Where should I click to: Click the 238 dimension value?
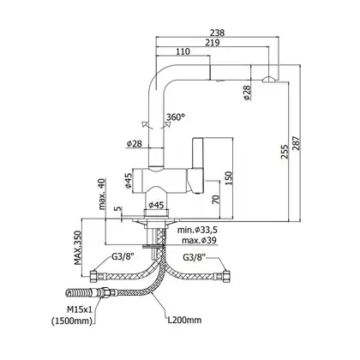(218, 33)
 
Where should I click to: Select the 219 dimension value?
(213, 43)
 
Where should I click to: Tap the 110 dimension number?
(183, 51)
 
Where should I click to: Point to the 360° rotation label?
(176, 117)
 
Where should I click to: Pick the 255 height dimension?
(285, 151)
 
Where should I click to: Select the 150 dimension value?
(229, 178)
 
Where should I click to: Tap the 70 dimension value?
(216, 199)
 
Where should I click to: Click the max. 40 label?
(102, 194)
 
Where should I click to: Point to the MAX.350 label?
(78, 248)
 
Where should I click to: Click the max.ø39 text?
(199, 240)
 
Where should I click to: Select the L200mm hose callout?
(184, 320)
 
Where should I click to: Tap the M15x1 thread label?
(79, 309)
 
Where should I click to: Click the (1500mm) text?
(72, 321)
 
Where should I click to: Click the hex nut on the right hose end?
(226, 277)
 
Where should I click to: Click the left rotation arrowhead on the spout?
(144, 124)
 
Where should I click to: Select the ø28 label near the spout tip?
(247, 93)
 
